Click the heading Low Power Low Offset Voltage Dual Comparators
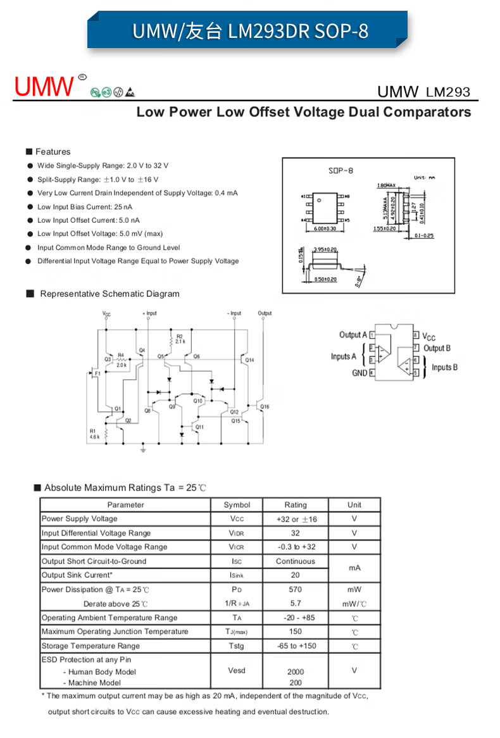coord(304,112)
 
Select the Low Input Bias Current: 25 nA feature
coord(85,207)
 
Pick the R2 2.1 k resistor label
coord(180,339)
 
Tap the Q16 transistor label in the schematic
coord(265,406)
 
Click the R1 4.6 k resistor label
coord(94,434)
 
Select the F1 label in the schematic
coord(97,374)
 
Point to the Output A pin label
coord(353,335)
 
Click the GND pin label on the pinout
coord(359,373)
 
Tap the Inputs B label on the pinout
coord(445,367)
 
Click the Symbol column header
coord(237,504)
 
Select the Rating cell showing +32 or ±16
coord(296,519)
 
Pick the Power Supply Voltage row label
coord(80,519)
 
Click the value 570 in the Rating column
coord(296,589)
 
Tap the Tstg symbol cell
coord(237,646)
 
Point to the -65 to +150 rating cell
coord(296,646)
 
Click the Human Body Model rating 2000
coord(296,672)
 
